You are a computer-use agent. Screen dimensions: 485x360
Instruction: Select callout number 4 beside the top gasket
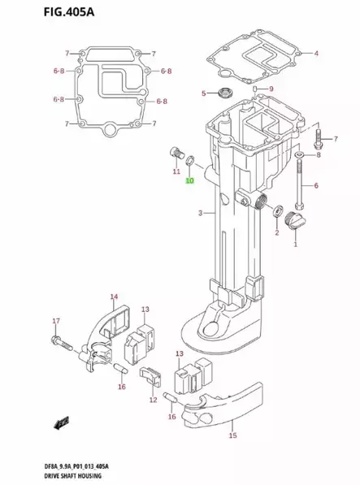click(x=316, y=54)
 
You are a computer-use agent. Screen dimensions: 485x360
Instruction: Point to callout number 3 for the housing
click(x=200, y=214)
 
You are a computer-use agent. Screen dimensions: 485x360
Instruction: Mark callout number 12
click(x=153, y=400)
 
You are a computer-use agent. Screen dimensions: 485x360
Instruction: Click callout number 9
click(x=271, y=89)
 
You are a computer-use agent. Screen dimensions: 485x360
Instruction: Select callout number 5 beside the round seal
click(x=204, y=94)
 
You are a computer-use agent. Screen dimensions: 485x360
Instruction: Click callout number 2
click(x=276, y=233)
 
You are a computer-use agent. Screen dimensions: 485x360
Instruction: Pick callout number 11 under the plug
click(x=176, y=172)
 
